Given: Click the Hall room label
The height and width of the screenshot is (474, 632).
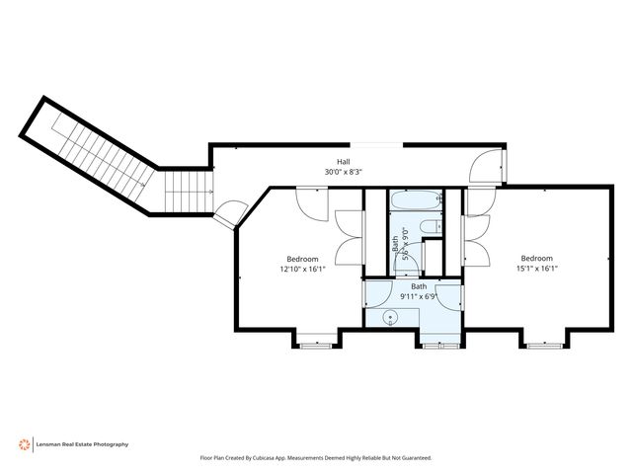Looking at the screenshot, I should pos(344,162).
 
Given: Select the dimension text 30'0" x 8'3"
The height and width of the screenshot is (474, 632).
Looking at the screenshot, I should pos(344,172).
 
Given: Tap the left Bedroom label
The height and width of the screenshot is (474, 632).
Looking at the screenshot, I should pos(302,259).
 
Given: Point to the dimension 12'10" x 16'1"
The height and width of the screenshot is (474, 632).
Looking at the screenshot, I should pos(302,269).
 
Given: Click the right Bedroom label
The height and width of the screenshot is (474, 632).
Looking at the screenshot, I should pos(537,259).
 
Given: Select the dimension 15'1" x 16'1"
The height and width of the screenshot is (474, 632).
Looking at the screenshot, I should pos(537,269).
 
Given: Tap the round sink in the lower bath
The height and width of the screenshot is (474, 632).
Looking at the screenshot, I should pos(389,318).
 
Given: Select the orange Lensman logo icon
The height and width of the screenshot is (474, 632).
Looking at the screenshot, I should pos(23,444).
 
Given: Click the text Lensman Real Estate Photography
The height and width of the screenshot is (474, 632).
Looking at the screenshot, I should pos(83,444).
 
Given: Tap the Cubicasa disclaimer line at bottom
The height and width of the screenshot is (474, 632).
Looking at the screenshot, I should pos(316,458).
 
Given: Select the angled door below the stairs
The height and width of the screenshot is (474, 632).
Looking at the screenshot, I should pos(233,213).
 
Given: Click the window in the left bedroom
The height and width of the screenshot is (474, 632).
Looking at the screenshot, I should pos(315,345).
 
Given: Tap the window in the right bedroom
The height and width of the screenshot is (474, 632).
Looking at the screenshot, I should pos(542,345).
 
